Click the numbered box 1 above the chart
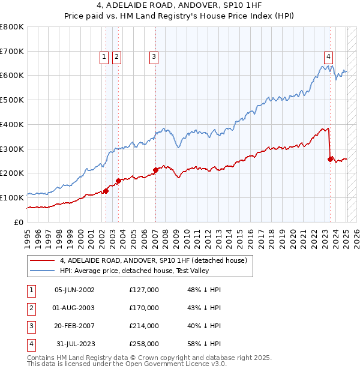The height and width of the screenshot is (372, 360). pos(104,57)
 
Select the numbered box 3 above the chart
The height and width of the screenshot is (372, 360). pos(154,57)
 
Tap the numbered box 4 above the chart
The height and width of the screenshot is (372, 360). pos(329,57)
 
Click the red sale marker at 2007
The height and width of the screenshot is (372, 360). pos(155,170)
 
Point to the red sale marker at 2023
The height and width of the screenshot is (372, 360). pos(331,159)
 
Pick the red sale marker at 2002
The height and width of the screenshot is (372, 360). pos(106,191)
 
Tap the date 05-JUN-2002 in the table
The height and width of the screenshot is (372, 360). pos(74,290)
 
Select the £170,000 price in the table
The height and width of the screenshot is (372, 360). pos(144,308)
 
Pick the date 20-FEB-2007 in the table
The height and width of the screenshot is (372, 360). pos(74,326)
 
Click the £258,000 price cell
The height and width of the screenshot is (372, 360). pos(144,344)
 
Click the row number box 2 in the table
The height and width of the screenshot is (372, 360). pos(30,308)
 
